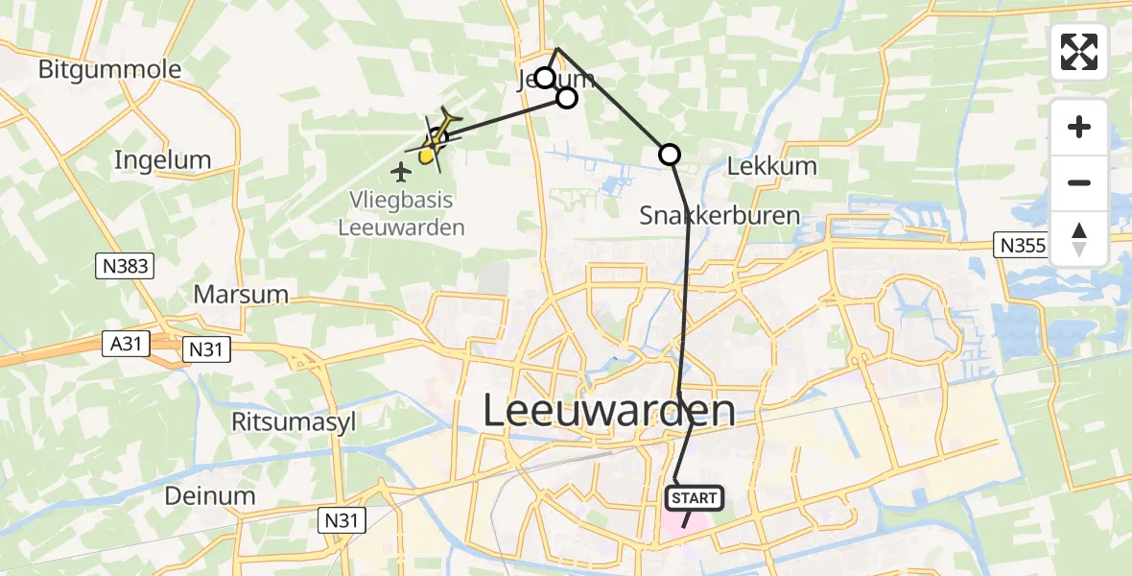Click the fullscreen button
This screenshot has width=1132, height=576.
pos(1079,52)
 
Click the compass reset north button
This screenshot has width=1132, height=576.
pos(1079,239)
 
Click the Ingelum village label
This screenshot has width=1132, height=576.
pos(162,159)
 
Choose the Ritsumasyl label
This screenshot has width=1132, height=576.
pos(289,421)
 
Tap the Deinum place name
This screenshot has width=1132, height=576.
pos(210,495)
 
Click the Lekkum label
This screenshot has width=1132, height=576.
pos(772,165)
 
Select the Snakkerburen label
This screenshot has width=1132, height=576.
pos(719,215)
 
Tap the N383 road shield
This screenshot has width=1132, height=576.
pos(125,266)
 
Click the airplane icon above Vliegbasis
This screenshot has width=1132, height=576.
pos(402,172)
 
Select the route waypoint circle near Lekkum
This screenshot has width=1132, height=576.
pos(670,154)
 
